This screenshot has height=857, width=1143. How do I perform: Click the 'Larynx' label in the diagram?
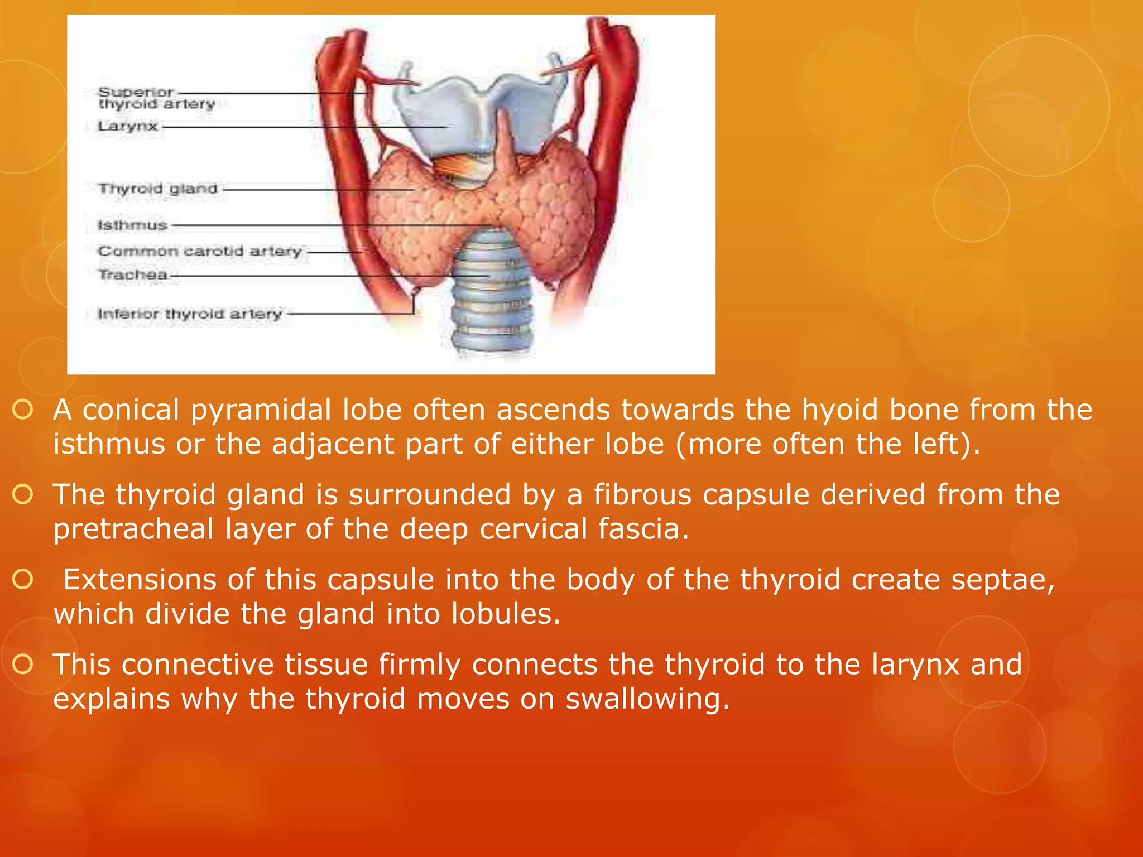pyautogui.click(x=128, y=127)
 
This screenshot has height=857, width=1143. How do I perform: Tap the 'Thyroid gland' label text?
pyautogui.click(x=158, y=189)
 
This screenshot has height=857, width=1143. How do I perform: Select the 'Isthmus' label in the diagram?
pyautogui.click(x=133, y=225)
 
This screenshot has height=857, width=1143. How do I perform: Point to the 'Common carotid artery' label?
pyautogui.click(x=200, y=252)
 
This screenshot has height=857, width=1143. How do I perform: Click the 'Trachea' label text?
pyautogui.click(x=133, y=275)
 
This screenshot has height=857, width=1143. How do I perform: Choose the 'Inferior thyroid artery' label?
pyautogui.click(x=190, y=314)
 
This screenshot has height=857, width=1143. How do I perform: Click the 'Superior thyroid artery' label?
pyautogui.click(x=156, y=98)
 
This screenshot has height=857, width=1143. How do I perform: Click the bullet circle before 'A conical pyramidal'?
pyautogui.click(x=23, y=410)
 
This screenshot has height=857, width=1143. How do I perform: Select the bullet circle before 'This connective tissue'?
pyautogui.click(x=23, y=665)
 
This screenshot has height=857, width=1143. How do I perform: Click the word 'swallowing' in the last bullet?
pyautogui.click(x=647, y=699)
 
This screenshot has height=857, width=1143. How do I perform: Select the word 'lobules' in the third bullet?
pyautogui.click(x=506, y=614)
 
